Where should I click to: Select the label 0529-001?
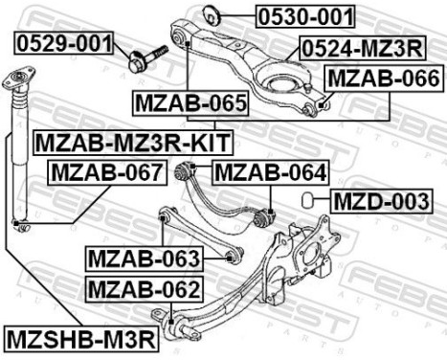point(64,43)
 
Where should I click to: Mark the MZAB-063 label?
point(144,258)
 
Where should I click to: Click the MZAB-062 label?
point(144,288)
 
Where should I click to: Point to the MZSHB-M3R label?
point(80,338)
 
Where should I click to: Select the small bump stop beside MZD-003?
point(309,201)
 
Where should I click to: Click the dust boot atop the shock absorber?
point(18,86)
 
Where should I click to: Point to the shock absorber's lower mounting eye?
point(21,226)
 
